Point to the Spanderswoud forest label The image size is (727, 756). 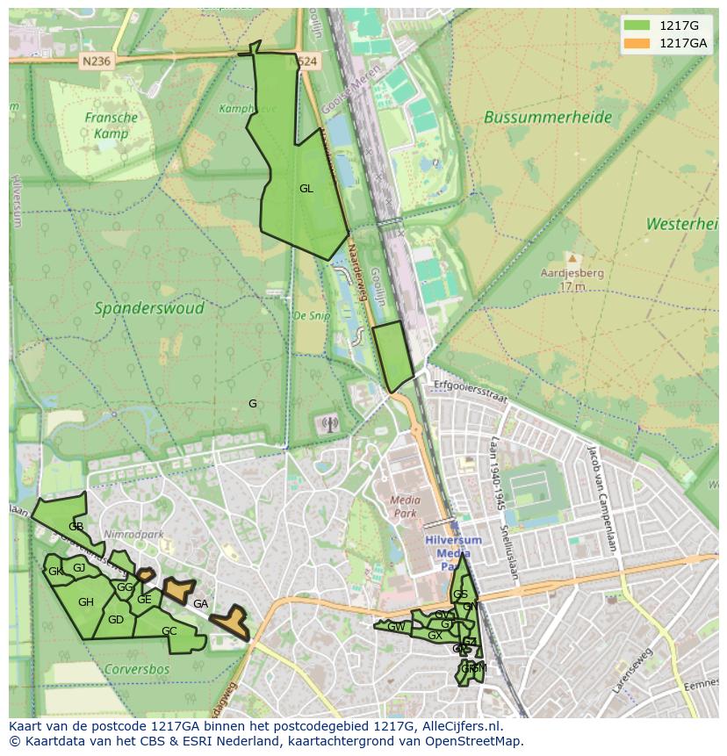[149, 308]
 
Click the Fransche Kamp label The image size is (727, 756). [112, 126]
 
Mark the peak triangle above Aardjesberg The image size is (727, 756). [572, 258]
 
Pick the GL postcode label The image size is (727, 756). [306, 188]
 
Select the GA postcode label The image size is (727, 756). [200, 603]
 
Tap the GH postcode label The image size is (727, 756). [85, 601]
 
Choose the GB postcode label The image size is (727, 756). [76, 526]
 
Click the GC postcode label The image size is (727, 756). [169, 630]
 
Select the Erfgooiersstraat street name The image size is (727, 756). [471, 391]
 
